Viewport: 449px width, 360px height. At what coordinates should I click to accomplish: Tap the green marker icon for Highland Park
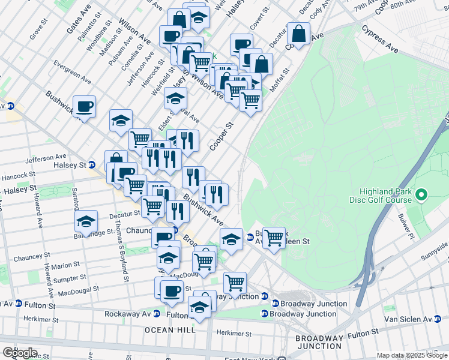point(421,194)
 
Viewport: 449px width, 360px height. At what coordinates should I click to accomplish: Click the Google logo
point(20,353)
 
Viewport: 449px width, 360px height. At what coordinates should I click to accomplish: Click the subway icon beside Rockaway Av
point(157,314)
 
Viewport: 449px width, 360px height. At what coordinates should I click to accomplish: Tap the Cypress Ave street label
point(380,38)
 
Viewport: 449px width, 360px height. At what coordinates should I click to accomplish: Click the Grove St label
point(39,29)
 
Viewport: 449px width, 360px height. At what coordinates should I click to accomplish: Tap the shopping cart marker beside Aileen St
point(274,237)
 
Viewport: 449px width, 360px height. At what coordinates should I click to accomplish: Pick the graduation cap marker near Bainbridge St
point(86,221)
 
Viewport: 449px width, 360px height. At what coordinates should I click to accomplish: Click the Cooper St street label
point(221,136)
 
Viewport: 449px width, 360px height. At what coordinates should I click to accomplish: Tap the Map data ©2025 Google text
point(412,355)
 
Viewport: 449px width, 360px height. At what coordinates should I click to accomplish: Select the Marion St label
point(65,265)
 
